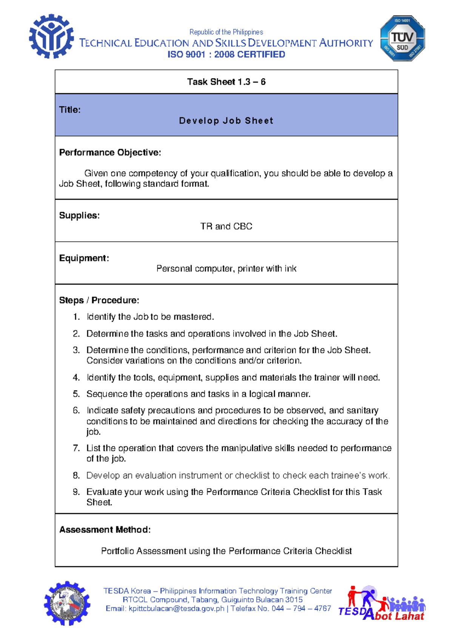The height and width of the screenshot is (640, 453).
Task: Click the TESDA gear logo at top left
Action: pos(51,37)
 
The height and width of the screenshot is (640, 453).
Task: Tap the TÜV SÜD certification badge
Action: pos(402,38)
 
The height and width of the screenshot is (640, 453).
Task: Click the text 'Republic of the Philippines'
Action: pos(226,32)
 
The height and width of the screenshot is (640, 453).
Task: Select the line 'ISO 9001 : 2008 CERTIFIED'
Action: pos(226,54)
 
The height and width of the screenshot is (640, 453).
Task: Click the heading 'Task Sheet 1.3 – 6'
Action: pos(226,82)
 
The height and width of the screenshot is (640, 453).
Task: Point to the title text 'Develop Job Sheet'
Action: pos(226,121)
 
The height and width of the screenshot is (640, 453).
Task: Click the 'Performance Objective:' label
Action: pos(110,152)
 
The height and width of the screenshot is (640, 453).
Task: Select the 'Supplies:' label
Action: pos(79,215)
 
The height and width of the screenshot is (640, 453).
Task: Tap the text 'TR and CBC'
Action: pos(226,226)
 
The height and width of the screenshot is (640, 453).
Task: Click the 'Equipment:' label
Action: pos(84,258)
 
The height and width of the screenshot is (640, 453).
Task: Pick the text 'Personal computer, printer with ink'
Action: pos(226,269)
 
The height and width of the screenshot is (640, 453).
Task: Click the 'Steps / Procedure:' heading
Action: pos(99,300)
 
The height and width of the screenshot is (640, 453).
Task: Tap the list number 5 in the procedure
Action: pos(76,394)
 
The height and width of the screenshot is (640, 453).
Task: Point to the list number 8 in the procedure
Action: pos(76,475)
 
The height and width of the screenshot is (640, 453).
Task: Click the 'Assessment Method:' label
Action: pos(105,530)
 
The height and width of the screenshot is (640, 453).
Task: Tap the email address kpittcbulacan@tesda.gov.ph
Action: pos(176,609)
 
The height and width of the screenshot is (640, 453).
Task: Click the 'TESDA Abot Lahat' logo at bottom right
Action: pos(382,603)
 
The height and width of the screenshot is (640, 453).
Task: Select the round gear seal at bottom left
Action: pos(67,603)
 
